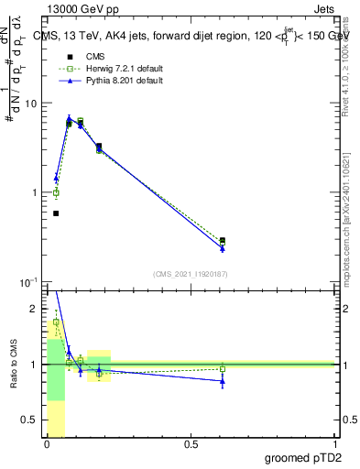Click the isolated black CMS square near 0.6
tap(56, 213)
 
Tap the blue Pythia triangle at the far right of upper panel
tap(223, 248)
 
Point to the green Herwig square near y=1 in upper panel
tap(56, 192)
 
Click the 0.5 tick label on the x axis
tap(191, 444)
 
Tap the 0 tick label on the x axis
tap(47, 444)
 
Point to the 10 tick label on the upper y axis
tap(30, 104)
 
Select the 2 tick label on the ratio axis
tap(36, 310)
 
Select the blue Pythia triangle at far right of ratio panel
tap(223, 381)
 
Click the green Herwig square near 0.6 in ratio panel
tap(223, 369)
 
